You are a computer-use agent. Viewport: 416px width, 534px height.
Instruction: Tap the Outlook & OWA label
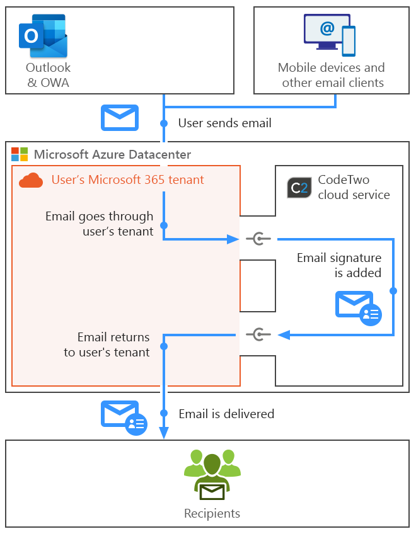click(x=48, y=75)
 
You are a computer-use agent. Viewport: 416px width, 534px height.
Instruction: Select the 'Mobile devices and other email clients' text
click(x=332, y=75)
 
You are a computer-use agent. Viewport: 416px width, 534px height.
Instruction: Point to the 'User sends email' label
click(x=224, y=123)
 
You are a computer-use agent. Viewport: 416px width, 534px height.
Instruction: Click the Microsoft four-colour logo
click(x=20, y=154)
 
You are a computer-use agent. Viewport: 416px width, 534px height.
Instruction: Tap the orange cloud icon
click(x=31, y=181)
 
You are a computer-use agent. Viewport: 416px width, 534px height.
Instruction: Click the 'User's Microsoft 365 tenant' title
click(x=127, y=180)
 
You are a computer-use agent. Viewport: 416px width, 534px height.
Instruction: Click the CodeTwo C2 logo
click(x=298, y=188)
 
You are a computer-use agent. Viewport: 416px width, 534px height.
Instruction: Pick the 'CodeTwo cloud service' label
click(x=354, y=188)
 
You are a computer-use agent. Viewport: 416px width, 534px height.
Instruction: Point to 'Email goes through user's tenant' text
click(x=99, y=224)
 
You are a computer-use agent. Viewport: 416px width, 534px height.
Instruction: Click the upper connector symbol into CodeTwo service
click(x=258, y=239)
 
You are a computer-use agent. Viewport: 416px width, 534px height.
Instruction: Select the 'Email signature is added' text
click(x=339, y=265)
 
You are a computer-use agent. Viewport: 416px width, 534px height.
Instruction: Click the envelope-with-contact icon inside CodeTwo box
click(x=358, y=307)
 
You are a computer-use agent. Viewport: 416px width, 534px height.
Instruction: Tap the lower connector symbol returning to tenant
click(x=258, y=334)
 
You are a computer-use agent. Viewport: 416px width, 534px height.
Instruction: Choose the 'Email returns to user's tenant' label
click(x=107, y=344)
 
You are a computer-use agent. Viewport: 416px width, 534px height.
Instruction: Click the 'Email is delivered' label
click(x=226, y=414)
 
